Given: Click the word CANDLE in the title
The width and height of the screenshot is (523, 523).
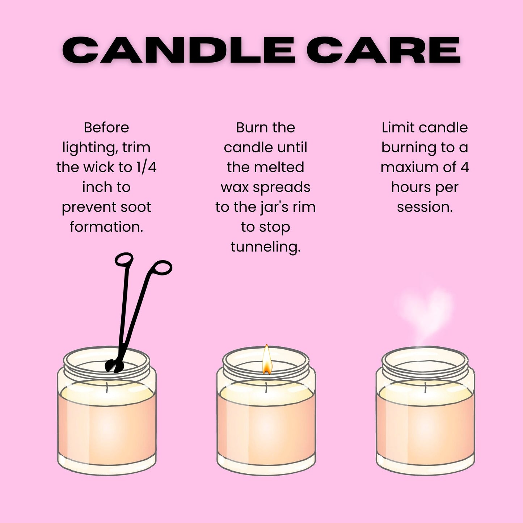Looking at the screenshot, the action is (178, 50).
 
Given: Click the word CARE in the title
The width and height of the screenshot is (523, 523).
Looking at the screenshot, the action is (384, 50).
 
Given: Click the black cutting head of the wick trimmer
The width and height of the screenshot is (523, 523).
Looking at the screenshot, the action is (114, 366).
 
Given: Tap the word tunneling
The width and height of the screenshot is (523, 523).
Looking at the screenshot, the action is (265, 247).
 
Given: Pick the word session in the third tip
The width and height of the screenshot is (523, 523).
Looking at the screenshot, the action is (425, 207).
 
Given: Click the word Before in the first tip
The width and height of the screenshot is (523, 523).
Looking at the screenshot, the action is (106, 127).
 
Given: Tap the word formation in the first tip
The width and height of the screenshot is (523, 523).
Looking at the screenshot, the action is (106, 227).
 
